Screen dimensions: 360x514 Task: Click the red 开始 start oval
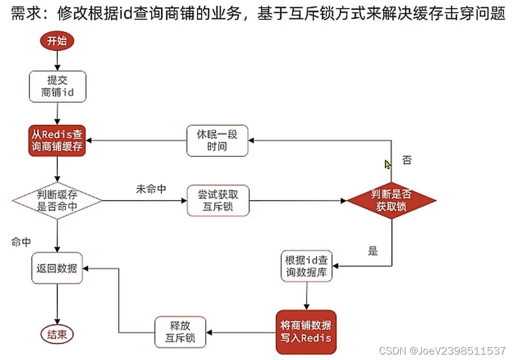click(56, 41)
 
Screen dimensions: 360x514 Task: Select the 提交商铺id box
click(57, 86)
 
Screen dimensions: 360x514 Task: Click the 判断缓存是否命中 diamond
click(57, 200)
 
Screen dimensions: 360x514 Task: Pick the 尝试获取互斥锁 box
click(218, 200)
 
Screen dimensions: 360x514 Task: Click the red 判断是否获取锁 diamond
click(392, 200)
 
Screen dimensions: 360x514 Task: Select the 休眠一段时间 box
click(218, 140)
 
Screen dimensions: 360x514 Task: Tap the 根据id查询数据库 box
click(307, 266)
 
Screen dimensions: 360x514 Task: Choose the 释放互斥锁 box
click(180, 332)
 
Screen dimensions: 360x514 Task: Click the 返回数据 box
click(57, 268)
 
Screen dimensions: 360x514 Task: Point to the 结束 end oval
click(57, 334)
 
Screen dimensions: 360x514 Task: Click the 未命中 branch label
click(151, 189)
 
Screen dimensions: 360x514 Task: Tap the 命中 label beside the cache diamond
click(21, 241)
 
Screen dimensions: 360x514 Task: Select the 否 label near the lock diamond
click(407, 160)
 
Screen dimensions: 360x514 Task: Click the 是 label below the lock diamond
click(373, 252)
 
